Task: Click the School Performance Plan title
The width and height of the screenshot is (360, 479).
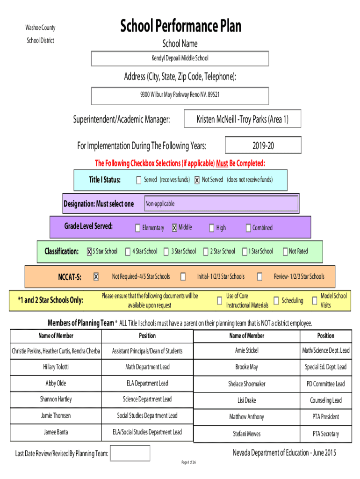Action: pyautogui.click(x=180, y=26)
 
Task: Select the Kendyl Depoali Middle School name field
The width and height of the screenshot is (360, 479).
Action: pyautogui.click(x=180, y=58)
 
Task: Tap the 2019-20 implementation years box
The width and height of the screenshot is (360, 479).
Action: pyautogui.click(x=263, y=145)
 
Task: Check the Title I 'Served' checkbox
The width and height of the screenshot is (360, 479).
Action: pyautogui.click(x=139, y=180)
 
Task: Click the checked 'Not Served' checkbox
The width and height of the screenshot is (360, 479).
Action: pyautogui.click(x=197, y=180)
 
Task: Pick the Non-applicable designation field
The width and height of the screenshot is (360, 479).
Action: pyautogui.click(x=221, y=203)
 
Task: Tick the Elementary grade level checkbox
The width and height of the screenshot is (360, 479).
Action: pyautogui.click(x=138, y=228)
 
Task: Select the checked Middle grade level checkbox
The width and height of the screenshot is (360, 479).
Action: pyautogui.click(x=174, y=228)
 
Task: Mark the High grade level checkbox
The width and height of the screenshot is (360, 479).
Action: pyautogui.click(x=212, y=228)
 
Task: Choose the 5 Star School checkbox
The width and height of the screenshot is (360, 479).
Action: pyautogui.click(x=89, y=251)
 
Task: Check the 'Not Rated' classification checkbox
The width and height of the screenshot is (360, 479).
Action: pyautogui.click(x=285, y=251)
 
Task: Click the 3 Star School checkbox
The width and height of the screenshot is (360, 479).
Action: pyautogui.click(x=166, y=251)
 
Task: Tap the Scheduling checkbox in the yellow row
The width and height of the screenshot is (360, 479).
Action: pyautogui.click(x=276, y=301)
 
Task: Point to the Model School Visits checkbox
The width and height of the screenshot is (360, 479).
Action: pyautogui.click(x=315, y=301)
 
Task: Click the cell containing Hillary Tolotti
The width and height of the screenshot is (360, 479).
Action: pyautogui.click(x=56, y=367)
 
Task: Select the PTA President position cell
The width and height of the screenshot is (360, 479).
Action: pyautogui.click(x=326, y=417)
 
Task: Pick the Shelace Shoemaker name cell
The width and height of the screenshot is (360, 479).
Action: pyautogui.click(x=247, y=384)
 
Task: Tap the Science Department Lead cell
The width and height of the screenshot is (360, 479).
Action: pyautogui.click(x=147, y=399)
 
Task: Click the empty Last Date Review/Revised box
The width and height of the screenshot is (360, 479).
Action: pyautogui.click(x=130, y=453)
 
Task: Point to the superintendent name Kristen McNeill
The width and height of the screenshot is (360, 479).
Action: pyautogui.click(x=216, y=119)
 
